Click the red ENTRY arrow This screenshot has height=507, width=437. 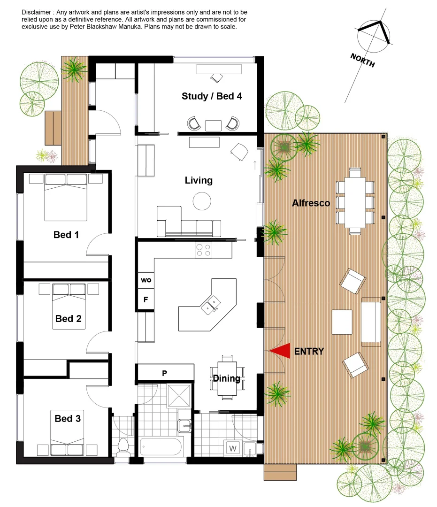tap(282, 351)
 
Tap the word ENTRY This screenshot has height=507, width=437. tap(309, 351)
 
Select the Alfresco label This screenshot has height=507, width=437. tap(311, 203)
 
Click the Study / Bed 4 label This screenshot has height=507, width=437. tap(212, 96)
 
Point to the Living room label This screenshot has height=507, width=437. tap(199, 180)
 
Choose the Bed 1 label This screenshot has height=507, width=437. tap(66, 235)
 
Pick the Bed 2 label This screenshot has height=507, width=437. tap(69, 319)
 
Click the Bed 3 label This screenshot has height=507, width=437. tap(68, 418)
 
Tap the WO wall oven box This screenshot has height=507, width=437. tap(146, 280)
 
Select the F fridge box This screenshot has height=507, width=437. tap(146, 300)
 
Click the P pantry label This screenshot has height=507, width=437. tap(165, 373)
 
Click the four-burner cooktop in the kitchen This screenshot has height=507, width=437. tap(203, 250)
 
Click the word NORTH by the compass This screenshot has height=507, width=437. tap(362, 60)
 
